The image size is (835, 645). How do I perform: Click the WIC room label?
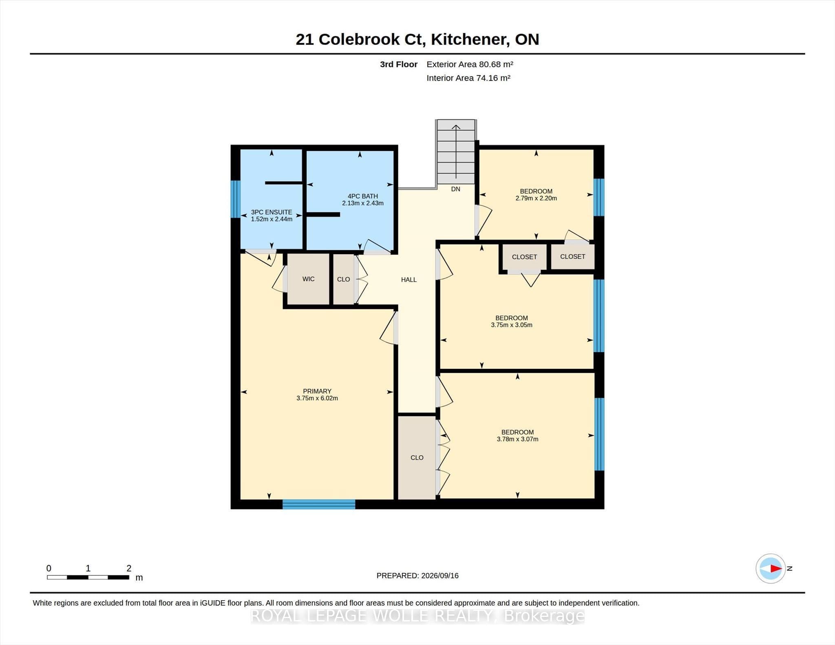pos(308,279)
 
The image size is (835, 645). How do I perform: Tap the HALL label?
pos(409,280)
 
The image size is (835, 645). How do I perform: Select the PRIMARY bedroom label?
pos(317,391)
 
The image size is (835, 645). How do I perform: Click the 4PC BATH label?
pos(362,196)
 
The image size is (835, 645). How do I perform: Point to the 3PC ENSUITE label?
pos(272,212)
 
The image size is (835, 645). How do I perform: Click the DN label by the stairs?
pos(455,189)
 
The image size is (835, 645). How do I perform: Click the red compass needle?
pos(776,568)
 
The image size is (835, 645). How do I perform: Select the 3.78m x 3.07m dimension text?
pos(517,439)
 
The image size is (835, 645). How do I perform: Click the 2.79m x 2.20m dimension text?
pos(536,198)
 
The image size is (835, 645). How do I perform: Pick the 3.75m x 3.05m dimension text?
pos(512,325)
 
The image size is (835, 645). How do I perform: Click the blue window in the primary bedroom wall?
pos(319,504)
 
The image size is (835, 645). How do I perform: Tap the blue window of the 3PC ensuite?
pos(235,199)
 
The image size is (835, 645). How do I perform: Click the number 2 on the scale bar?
pos(129,568)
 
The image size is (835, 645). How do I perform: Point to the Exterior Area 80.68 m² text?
pos(470,64)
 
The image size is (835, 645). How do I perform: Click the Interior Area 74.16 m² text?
pos(468,78)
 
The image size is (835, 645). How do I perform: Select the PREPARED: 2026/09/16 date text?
pos(417,576)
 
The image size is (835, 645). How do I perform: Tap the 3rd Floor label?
pos(399,64)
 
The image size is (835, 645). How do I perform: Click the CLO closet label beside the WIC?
pos(343,280)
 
